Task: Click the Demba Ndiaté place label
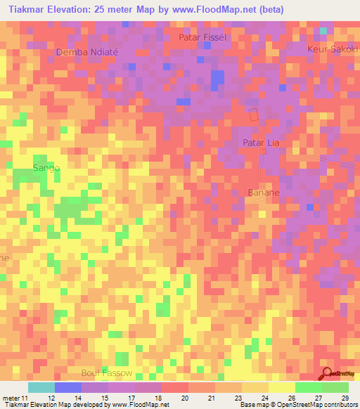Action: pos(84,52)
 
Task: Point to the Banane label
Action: pos(264,192)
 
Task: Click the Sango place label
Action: pos(46,168)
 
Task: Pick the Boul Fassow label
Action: pos(106,372)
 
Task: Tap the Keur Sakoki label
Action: pos(333,49)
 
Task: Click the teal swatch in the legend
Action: pos(41,387)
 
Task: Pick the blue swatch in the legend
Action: pos(68,387)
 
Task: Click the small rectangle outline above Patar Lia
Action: pos(254,117)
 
